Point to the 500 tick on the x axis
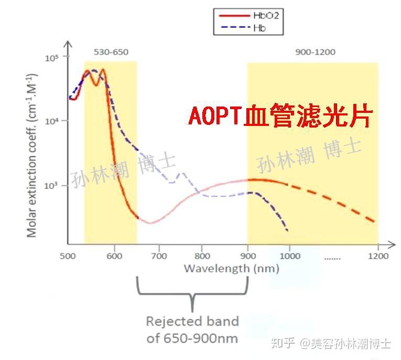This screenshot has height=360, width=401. point(67,256)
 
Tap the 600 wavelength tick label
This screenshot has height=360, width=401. point(114,256)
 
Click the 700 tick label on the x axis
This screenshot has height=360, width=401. point(158,256)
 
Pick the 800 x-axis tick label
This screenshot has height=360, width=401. point(202,256)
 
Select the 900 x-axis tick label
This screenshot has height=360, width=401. point(247,256)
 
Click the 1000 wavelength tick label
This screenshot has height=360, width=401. point(290,256)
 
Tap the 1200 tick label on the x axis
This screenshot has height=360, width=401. point(378,256)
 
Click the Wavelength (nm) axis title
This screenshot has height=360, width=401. point(231,269)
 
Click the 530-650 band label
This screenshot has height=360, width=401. point(111,52)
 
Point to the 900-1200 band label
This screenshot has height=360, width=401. point(315,52)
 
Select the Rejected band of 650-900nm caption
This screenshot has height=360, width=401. point(192,329)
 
